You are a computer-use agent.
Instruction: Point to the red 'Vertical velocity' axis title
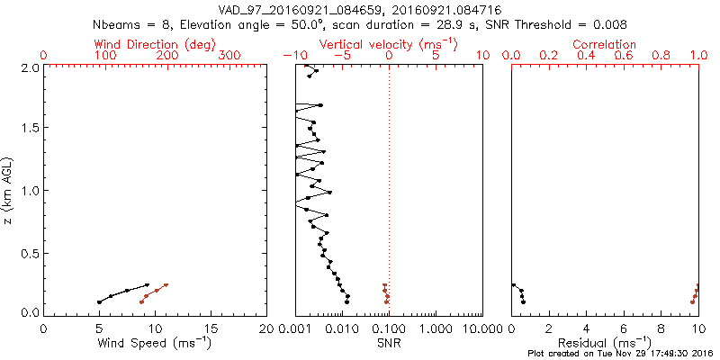click(x=389, y=43)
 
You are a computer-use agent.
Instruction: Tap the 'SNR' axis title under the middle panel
click(x=389, y=343)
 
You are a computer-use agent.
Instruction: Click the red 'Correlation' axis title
click(x=605, y=43)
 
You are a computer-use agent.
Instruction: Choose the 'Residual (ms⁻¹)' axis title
click(x=605, y=343)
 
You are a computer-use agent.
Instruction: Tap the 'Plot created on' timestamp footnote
click(x=622, y=354)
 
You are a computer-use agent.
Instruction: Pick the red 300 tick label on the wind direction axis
click(x=230, y=56)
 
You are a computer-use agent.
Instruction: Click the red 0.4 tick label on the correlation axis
click(x=586, y=56)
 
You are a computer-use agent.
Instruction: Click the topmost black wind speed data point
click(x=148, y=285)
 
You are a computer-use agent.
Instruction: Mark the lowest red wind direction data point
click(x=142, y=301)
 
